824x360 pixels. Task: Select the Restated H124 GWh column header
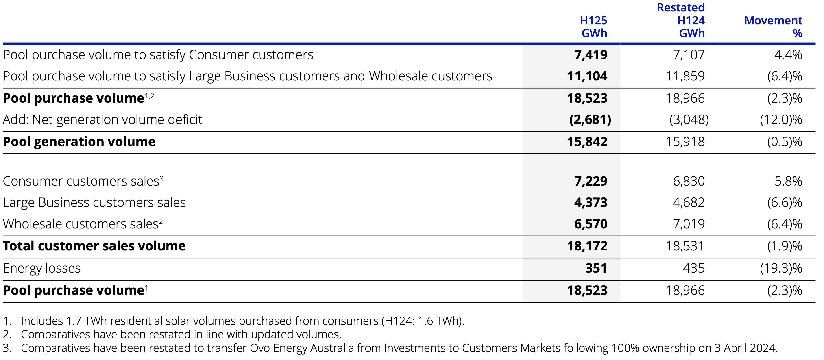coord(681,20)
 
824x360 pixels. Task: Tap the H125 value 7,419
coord(591,55)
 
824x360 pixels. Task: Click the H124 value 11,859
coord(685,76)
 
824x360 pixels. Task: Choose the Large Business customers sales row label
coord(94,203)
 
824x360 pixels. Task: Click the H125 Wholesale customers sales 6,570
coord(591,224)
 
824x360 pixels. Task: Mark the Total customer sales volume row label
coord(94,246)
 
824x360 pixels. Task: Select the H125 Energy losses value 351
coord(596,268)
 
